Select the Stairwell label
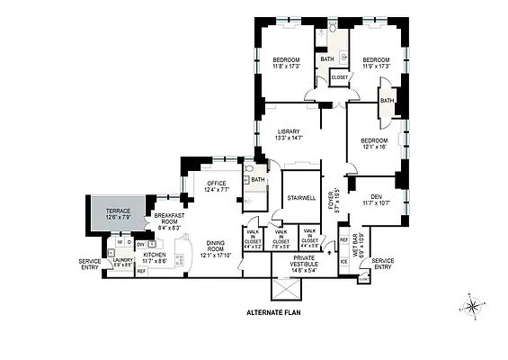[x=300, y=197]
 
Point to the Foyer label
[x=335, y=199]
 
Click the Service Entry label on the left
[x=90, y=263]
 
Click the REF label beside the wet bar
[x=343, y=239]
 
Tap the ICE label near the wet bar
[x=343, y=261]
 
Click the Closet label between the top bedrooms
[x=340, y=77]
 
